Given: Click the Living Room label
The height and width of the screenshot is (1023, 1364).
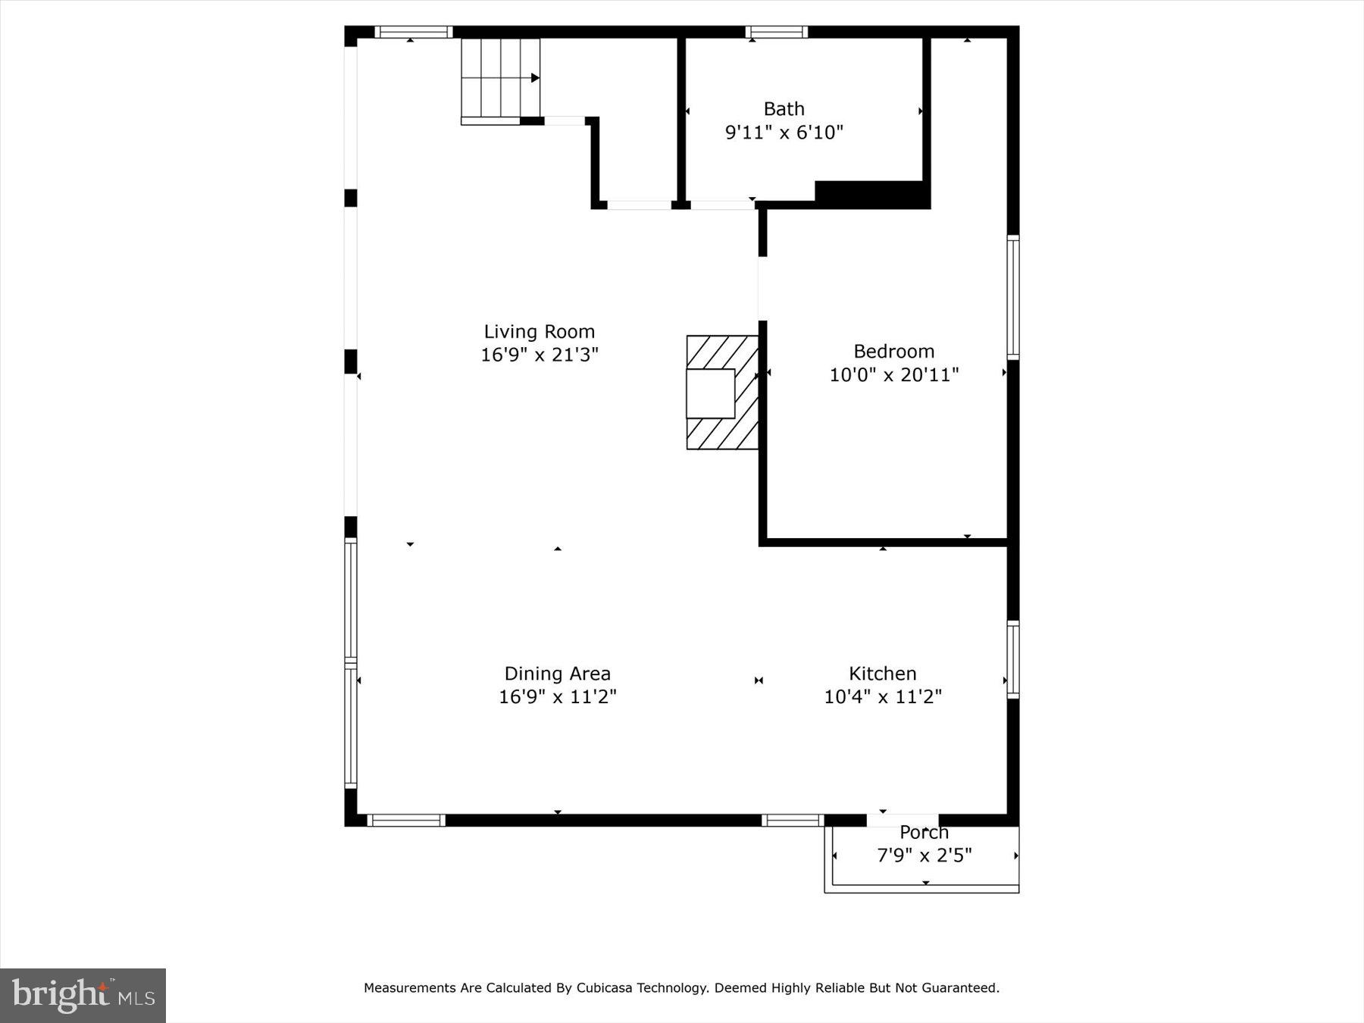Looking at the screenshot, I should (x=539, y=332).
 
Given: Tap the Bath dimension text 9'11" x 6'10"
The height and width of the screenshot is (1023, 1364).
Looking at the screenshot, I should (x=784, y=133).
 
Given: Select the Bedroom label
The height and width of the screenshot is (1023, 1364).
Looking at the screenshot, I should (x=893, y=352).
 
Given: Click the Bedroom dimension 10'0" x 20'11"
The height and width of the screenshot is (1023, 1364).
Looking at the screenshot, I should (x=893, y=374).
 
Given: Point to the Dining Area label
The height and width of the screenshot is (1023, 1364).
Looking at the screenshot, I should (x=557, y=674).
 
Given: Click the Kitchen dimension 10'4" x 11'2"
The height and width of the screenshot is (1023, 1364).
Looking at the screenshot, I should (x=882, y=696).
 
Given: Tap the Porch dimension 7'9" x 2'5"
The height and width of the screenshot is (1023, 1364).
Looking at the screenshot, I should (x=924, y=856).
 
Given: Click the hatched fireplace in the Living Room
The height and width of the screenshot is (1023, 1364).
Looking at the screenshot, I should (x=722, y=393).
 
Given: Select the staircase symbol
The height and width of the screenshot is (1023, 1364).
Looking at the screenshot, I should (x=500, y=79).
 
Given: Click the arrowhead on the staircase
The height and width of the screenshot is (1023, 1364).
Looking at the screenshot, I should (x=535, y=78).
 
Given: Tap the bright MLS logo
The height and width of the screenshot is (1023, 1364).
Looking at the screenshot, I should (x=83, y=995).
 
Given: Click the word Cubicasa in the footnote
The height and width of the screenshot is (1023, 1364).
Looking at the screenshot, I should (x=604, y=987).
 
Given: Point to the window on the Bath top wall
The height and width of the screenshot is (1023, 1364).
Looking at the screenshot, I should (x=776, y=32).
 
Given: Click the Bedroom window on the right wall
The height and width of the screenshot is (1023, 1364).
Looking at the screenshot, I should (x=1012, y=296).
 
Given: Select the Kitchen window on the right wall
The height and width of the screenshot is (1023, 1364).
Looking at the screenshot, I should (x=1012, y=659).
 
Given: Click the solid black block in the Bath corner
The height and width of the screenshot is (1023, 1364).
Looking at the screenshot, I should (x=871, y=193).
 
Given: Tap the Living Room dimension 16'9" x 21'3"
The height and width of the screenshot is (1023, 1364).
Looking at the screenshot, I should (x=539, y=355).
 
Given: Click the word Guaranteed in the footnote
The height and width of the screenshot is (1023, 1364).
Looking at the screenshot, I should (x=960, y=987).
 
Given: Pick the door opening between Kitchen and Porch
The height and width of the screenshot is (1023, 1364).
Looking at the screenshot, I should (x=902, y=820).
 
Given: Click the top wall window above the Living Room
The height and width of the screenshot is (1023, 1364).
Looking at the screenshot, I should (x=414, y=32).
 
